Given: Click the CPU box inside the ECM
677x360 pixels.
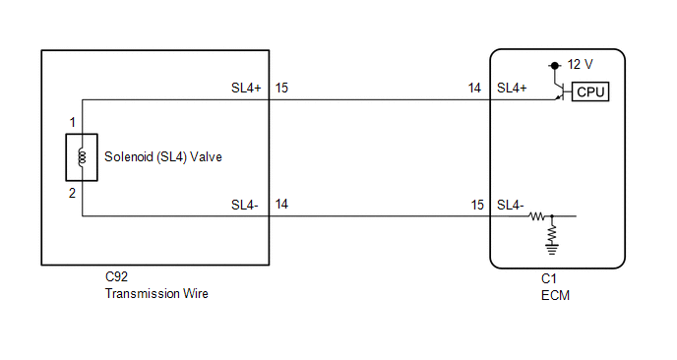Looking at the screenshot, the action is click(590, 91).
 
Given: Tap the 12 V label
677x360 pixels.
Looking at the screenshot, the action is click(580, 65).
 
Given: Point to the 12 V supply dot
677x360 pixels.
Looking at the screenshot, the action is click(555, 66).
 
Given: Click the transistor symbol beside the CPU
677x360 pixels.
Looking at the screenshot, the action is click(561, 91).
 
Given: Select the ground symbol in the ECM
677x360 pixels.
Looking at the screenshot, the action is click(552, 249).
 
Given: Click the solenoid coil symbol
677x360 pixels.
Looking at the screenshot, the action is click(82, 157).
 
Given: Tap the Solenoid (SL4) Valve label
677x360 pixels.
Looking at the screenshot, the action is click(163, 156).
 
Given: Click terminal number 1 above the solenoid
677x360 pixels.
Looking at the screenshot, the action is click(73, 123).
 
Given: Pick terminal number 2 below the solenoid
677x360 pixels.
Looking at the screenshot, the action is click(72, 193).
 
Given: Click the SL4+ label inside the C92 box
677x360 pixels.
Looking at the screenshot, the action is click(246, 89).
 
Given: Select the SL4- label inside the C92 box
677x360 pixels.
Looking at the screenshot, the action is click(244, 205).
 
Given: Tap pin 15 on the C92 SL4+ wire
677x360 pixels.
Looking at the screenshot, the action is click(281, 89).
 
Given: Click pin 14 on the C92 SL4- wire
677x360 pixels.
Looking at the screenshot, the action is click(281, 205).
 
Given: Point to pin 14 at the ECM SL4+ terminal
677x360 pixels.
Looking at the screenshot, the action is click(474, 89).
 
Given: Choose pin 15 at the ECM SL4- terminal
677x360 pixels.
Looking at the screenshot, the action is click(477, 205).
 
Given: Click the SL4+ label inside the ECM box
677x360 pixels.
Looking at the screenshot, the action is click(512, 89).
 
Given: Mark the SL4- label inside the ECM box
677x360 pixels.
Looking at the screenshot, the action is click(510, 205).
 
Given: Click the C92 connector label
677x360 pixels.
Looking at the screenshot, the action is click(116, 276).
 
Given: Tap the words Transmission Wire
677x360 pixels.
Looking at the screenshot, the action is click(156, 293).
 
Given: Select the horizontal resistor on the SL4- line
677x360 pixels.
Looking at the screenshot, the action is click(537, 215).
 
